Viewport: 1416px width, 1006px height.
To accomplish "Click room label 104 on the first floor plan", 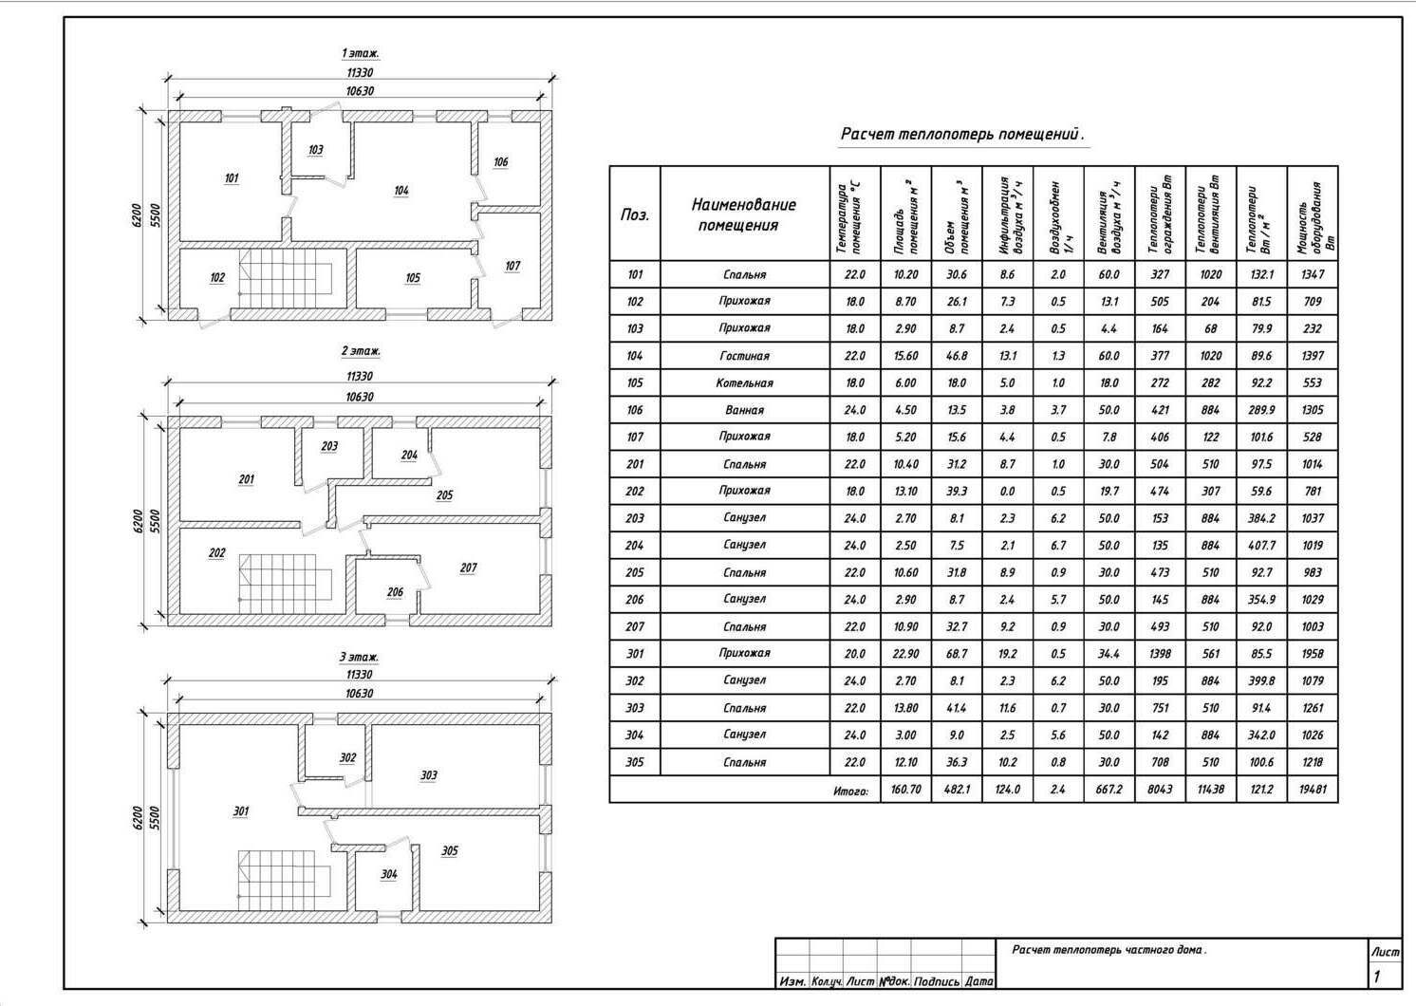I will click(401, 191).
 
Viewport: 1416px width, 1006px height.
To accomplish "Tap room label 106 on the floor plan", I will click(501, 162).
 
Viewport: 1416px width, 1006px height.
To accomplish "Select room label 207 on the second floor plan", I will click(468, 568).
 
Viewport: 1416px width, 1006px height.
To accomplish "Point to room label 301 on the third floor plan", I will click(241, 811).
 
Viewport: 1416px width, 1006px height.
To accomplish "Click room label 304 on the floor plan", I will click(389, 874).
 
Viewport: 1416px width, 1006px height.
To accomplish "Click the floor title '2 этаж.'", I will click(361, 351).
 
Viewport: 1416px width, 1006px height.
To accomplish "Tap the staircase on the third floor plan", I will click(284, 874).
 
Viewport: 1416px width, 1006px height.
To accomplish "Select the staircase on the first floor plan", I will click(284, 277).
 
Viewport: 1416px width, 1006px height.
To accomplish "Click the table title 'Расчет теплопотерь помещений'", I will click(961, 135).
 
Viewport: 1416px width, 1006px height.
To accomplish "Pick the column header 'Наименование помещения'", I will click(744, 214).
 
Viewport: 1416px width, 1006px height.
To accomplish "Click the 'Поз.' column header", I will click(635, 214).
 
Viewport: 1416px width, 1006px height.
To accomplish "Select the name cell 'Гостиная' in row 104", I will click(744, 356).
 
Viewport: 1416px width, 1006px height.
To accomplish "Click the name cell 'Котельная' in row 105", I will click(744, 383).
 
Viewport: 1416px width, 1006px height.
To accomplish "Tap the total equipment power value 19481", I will click(1312, 790).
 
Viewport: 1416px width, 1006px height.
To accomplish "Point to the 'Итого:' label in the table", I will click(851, 791).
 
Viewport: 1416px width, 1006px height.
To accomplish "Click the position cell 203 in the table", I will click(635, 518).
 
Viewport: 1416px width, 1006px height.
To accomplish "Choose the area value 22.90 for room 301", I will click(905, 654).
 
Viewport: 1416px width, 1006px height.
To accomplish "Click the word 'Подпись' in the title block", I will click(938, 981).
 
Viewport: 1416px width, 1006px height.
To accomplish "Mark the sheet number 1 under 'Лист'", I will click(1377, 977).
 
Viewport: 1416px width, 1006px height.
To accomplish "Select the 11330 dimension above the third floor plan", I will click(360, 675).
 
